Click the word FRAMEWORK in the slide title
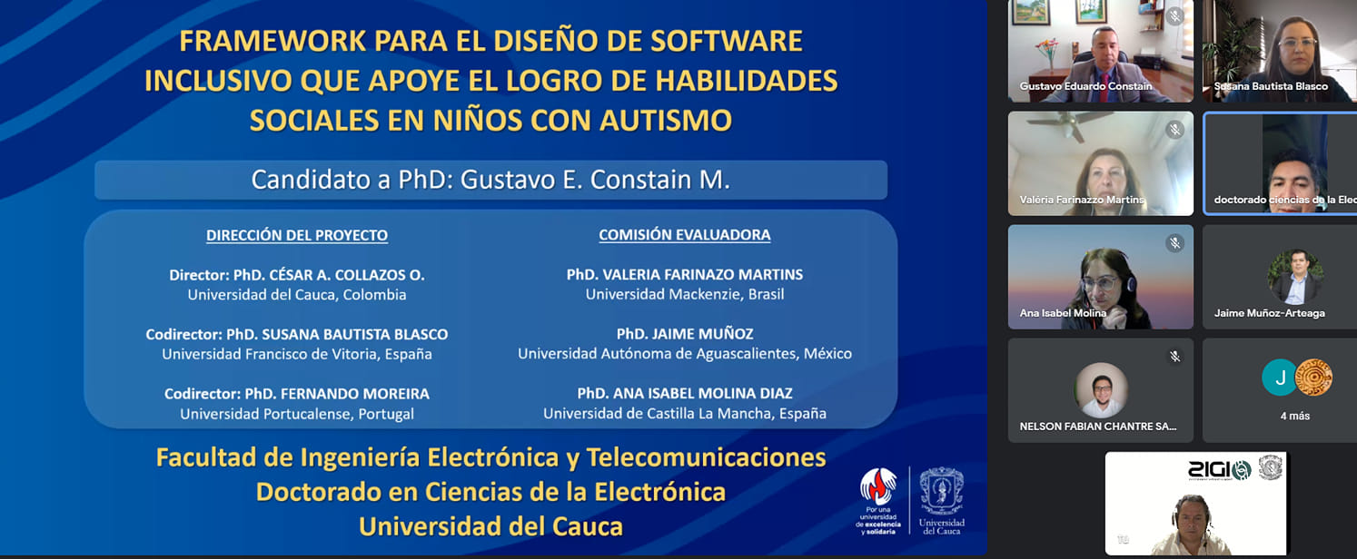(272, 41)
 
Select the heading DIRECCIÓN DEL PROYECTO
(297, 235)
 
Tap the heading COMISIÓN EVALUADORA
(685, 235)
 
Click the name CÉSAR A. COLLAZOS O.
(347, 275)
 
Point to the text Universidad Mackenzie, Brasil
(685, 295)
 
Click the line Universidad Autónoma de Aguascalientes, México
(685, 354)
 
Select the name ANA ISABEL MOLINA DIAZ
(703, 393)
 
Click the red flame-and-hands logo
(878, 486)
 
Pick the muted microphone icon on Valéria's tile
(1174, 130)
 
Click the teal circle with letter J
(1280, 378)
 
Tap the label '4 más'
(1295, 417)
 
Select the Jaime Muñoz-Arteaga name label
(1269, 313)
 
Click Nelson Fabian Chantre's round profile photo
(1102, 389)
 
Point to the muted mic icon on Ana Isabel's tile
(1174, 243)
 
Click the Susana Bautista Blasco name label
(1271, 86)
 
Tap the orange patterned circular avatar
(1313, 378)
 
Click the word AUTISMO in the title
(666, 121)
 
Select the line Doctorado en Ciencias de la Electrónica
(490, 492)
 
